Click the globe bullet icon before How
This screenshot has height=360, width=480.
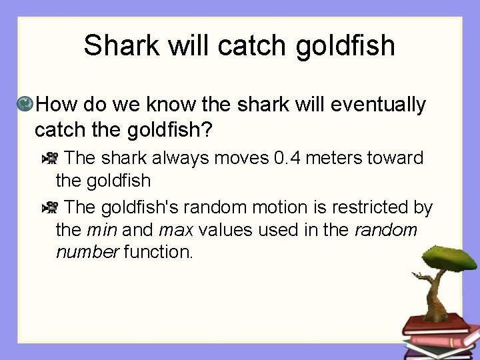click(25, 104)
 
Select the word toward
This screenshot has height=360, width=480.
click(401, 158)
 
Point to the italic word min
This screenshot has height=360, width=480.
click(100, 230)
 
